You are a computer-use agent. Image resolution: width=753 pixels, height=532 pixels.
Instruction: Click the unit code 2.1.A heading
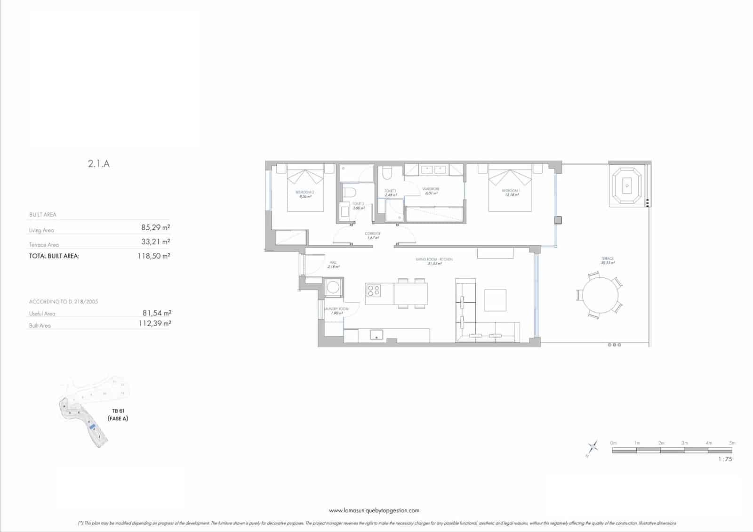99,164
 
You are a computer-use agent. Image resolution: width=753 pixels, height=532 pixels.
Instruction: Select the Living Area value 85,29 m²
155,227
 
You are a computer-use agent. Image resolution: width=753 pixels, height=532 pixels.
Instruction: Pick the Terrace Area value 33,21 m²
155,242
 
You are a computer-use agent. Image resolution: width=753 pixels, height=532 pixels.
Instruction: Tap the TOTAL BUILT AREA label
54,256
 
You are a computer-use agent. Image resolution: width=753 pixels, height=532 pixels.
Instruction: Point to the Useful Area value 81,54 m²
156,313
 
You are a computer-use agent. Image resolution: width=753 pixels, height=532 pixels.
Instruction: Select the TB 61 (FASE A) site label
118,415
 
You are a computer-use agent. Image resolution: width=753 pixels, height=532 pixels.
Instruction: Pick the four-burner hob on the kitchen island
374,291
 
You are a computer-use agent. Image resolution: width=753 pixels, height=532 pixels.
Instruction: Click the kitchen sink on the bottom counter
376,335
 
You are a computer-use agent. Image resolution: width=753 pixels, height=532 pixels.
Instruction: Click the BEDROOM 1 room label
510,192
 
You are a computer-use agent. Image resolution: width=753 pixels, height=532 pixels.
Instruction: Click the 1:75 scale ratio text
725,459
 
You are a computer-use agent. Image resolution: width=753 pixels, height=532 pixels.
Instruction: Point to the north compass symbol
592,448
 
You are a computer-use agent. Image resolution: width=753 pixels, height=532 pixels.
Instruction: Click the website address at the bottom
374,510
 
